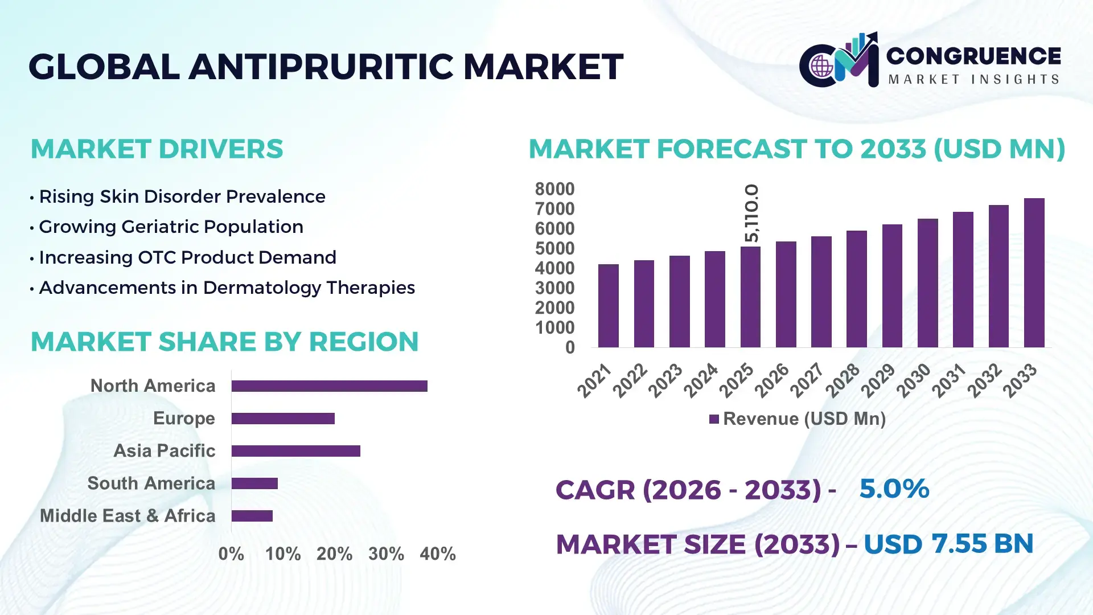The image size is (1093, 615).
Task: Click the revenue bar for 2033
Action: click(1034, 273)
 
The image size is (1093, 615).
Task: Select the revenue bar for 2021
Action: click(608, 306)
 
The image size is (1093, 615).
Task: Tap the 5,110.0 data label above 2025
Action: click(751, 213)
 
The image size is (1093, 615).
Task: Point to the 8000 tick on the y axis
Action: click(554, 189)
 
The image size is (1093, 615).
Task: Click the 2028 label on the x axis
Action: click(843, 380)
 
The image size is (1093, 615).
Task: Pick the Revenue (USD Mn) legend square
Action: click(714, 419)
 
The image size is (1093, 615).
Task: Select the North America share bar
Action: click(329, 386)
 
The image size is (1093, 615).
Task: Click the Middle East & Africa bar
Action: click(252, 516)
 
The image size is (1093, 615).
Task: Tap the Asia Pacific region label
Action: click(164, 450)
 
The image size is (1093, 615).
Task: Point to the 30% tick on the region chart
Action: click(386, 553)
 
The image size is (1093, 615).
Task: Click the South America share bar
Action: click(254, 483)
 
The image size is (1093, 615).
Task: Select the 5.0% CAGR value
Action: click(894, 489)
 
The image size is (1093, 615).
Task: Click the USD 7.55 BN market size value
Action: click(948, 544)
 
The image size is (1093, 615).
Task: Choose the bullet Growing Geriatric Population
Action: click(171, 227)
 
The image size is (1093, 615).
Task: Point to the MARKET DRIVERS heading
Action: click(157, 149)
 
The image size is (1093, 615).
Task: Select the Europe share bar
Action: click(283, 419)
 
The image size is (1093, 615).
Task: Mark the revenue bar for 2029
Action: click(892, 286)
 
